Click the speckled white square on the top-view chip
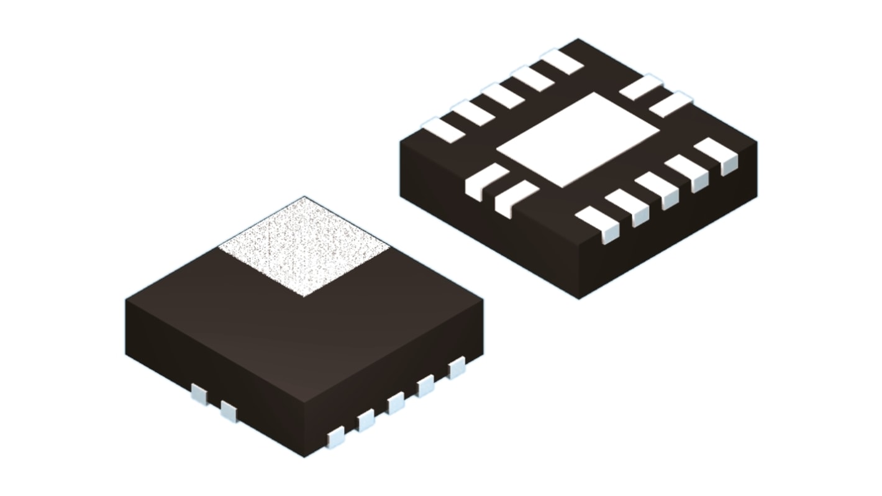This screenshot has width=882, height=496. [x=304, y=247]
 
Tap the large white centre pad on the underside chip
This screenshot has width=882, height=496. [x=578, y=140]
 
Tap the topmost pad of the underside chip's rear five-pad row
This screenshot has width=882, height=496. [x=562, y=62]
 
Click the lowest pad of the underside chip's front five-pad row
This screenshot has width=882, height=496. [x=600, y=223]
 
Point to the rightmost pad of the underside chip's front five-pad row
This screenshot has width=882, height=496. [x=717, y=155]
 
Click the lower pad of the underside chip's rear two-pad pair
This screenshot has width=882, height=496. [x=671, y=104]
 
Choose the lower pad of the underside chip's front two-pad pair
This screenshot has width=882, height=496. [x=515, y=198]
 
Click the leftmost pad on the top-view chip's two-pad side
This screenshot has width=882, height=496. [x=199, y=393]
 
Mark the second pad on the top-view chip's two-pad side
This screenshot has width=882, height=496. [x=229, y=411]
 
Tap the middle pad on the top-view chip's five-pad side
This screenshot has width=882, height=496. [x=396, y=403]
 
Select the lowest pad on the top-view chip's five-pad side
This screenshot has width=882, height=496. [x=335, y=437]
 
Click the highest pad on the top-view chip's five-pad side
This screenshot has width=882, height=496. [x=457, y=367]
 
